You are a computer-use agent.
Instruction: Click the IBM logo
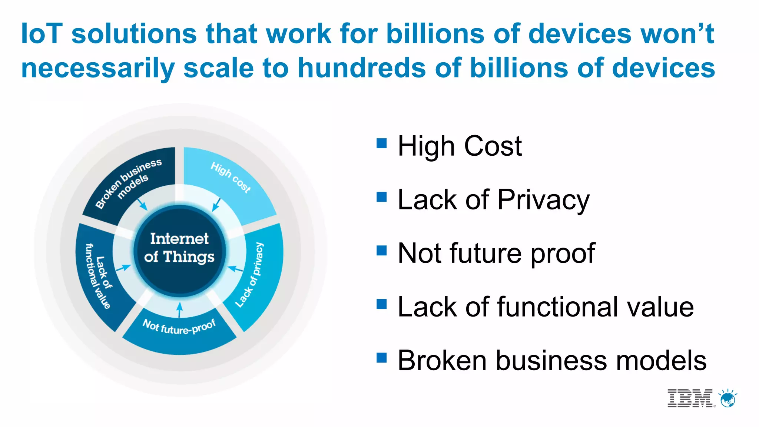690,398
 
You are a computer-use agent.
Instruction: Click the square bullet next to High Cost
381,143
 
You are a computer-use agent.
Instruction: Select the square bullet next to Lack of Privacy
381,197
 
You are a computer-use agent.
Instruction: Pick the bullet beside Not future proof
381,251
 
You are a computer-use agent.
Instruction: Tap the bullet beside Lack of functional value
381,304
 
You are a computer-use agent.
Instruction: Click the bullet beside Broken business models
381,358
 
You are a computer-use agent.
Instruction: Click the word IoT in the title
42,34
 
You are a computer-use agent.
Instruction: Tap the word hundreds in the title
362,68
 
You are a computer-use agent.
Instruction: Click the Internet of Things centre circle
180,248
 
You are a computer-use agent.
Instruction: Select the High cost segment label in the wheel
231,177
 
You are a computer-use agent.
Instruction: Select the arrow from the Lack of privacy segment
235,268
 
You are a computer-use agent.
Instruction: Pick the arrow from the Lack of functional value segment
124,268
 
